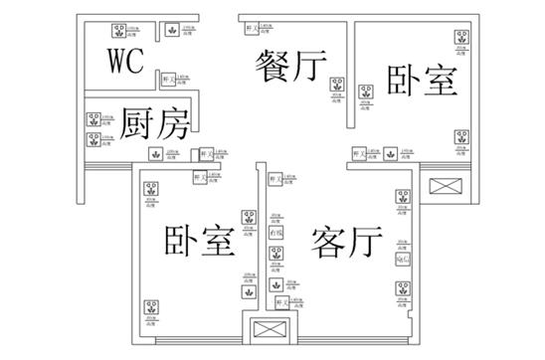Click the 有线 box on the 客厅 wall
coord(276,233)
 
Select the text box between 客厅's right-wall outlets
coord(402,261)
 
